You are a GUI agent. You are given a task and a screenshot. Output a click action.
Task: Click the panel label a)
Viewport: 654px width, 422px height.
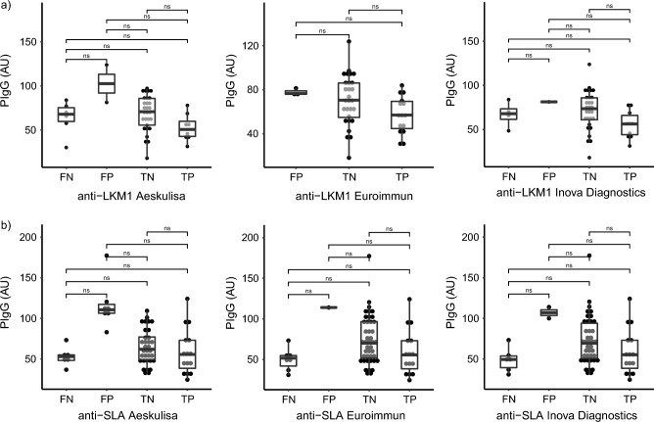(8, 8)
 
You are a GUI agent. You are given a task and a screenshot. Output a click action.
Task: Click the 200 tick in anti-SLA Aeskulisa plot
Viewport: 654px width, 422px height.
(32, 238)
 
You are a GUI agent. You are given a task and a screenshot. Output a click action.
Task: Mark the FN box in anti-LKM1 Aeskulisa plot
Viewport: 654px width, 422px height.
(67, 116)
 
